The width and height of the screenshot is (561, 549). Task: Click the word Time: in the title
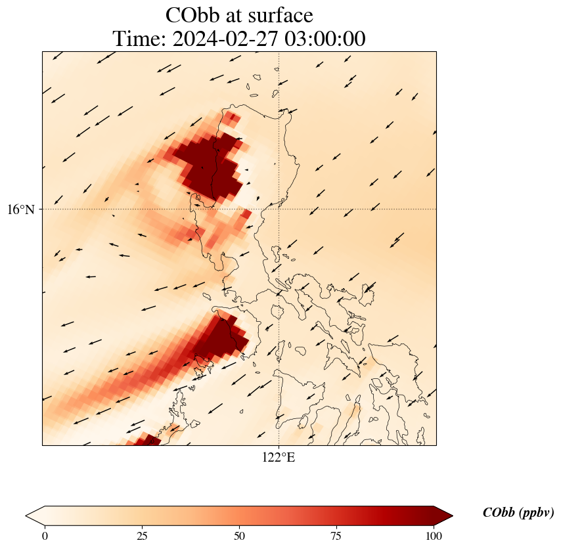click(x=139, y=39)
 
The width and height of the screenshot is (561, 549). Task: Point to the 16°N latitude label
click(x=21, y=209)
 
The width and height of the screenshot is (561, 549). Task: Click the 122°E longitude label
click(x=279, y=458)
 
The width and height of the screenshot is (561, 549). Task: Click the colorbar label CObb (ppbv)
click(x=518, y=513)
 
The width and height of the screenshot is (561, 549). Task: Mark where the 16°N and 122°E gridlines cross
click(x=279, y=209)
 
